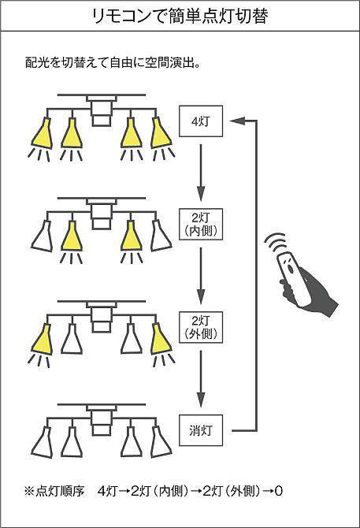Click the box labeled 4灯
click(x=201, y=121)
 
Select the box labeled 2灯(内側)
click(x=201, y=225)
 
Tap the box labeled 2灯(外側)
click(x=201, y=327)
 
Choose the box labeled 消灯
click(x=201, y=430)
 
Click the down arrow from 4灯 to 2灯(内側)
click(x=201, y=173)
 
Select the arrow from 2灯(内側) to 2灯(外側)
click(x=201, y=276)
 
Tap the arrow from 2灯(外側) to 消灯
click(x=201, y=379)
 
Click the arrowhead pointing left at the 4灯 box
click(x=237, y=121)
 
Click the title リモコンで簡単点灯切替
click(x=180, y=17)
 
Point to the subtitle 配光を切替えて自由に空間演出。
click(x=113, y=62)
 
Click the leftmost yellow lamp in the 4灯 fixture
click(x=42, y=132)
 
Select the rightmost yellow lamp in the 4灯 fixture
click(x=161, y=132)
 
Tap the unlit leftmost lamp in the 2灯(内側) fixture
click(x=42, y=236)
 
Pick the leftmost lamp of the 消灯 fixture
click(x=42, y=441)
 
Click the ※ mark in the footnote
click(x=29, y=491)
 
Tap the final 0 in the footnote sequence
click(x=278, y=491)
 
